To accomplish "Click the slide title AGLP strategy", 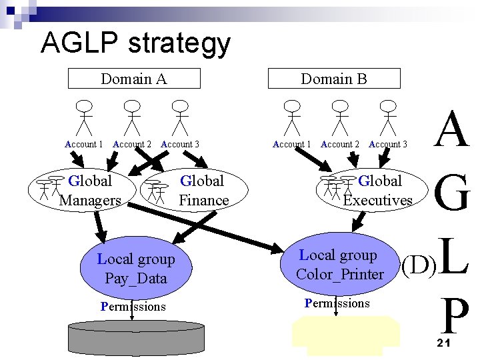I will (x=135, y=44).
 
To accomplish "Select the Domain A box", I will (x=134, y=79).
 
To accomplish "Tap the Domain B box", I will (x=334, y=79).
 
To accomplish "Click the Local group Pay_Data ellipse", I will (x=136, y=268).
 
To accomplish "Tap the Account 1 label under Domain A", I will (x=83, y=144).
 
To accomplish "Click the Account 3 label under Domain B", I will (x=388, y=144).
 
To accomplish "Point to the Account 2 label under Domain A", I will (x=132, y=144).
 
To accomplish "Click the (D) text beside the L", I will (x=418, y=265).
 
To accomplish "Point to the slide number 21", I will (x=445, y=343).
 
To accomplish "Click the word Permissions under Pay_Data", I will (x=133, y=307).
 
